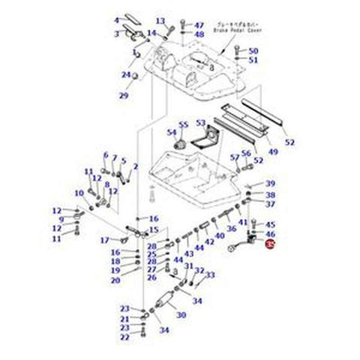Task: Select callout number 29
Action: (x=124, y=95)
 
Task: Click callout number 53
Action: (x=200, y=122)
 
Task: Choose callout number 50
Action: (x=253, y=50)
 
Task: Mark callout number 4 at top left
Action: (x=116, y=19)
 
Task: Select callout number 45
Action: (x=271, y=224)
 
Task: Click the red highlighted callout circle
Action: (x=271, y=244)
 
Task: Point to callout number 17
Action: (x=106, y=240)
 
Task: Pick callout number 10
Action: (x=79, y=193)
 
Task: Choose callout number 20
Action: (x=116, y=280)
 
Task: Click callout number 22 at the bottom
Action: (x=124, y=338)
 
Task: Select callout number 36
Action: (x=232, y=229)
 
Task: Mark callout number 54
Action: (x=172, y=133)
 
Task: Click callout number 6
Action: (x=106, y=155)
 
